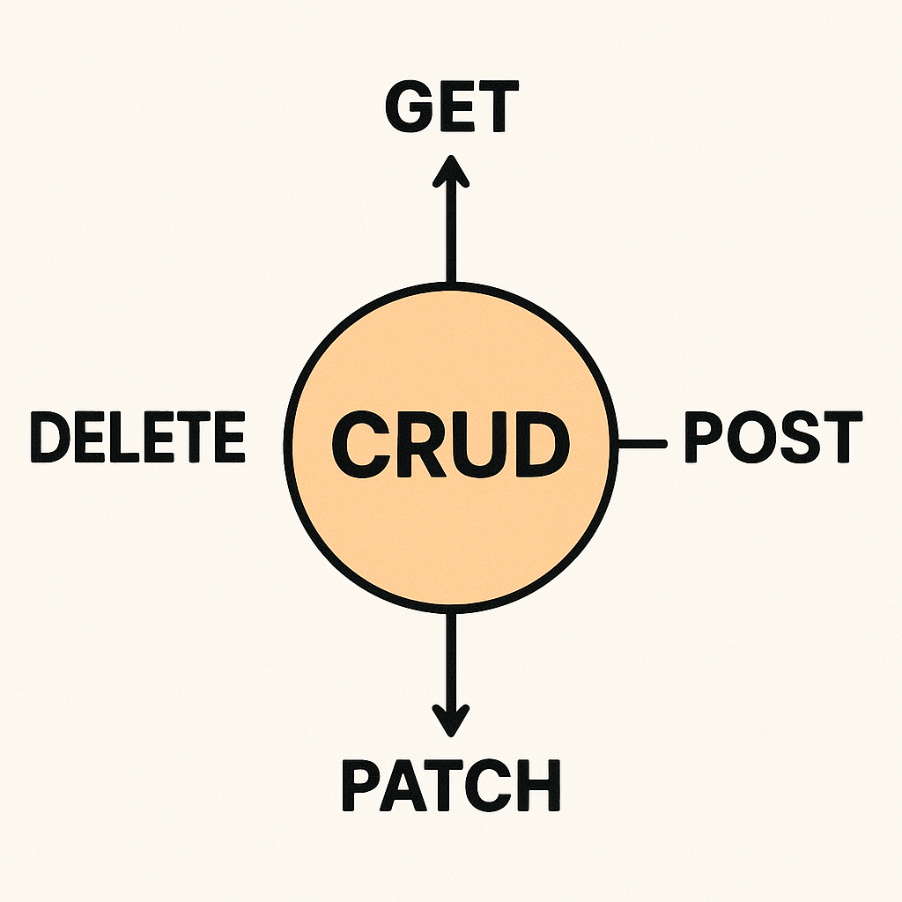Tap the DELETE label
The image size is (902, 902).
[137, 438]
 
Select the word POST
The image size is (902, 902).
[773, 438]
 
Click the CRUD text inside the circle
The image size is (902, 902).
[450, 444]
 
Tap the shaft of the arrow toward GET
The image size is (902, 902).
[450, 233]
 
